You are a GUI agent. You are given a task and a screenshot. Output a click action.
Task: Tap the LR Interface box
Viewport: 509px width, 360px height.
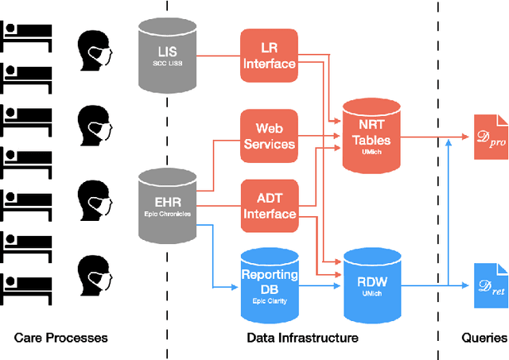coord(269,56)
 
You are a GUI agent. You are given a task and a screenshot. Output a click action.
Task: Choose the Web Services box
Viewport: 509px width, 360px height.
coord(269,135)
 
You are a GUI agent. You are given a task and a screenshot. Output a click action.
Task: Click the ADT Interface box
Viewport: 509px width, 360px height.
coord(269,205)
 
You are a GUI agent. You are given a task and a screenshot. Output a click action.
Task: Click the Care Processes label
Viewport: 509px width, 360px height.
coord(60,338)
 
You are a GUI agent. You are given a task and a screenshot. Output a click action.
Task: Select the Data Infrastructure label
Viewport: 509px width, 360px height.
coord(302,338)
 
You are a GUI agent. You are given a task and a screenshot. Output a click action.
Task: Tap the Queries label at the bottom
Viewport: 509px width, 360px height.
coord(484,338)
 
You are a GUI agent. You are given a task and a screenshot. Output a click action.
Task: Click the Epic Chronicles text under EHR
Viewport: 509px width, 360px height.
coord(168,213)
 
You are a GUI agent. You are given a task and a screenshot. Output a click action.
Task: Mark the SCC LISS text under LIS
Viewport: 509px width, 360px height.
coord(168,62)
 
